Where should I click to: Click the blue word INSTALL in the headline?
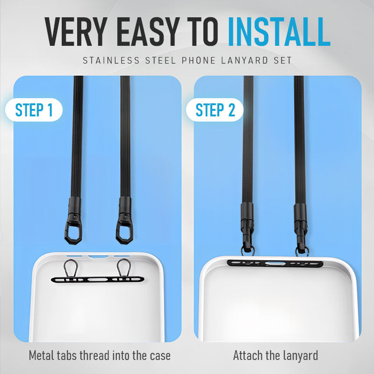(x=279, y=31)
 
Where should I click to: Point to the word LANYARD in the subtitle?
(x=245, y=60)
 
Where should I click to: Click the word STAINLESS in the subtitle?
(x=111, y=60)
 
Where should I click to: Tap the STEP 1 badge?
(x=34, y=110)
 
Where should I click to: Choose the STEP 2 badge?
(x=215, y=110)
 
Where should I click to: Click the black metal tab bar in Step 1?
(x=98, y=279)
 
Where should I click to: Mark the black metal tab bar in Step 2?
(x=275, y=264)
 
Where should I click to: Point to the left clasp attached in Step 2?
(x=248, y=229)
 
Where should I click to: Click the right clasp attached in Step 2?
(x=301, y=229)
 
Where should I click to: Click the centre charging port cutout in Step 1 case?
(x=98, y=257)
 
